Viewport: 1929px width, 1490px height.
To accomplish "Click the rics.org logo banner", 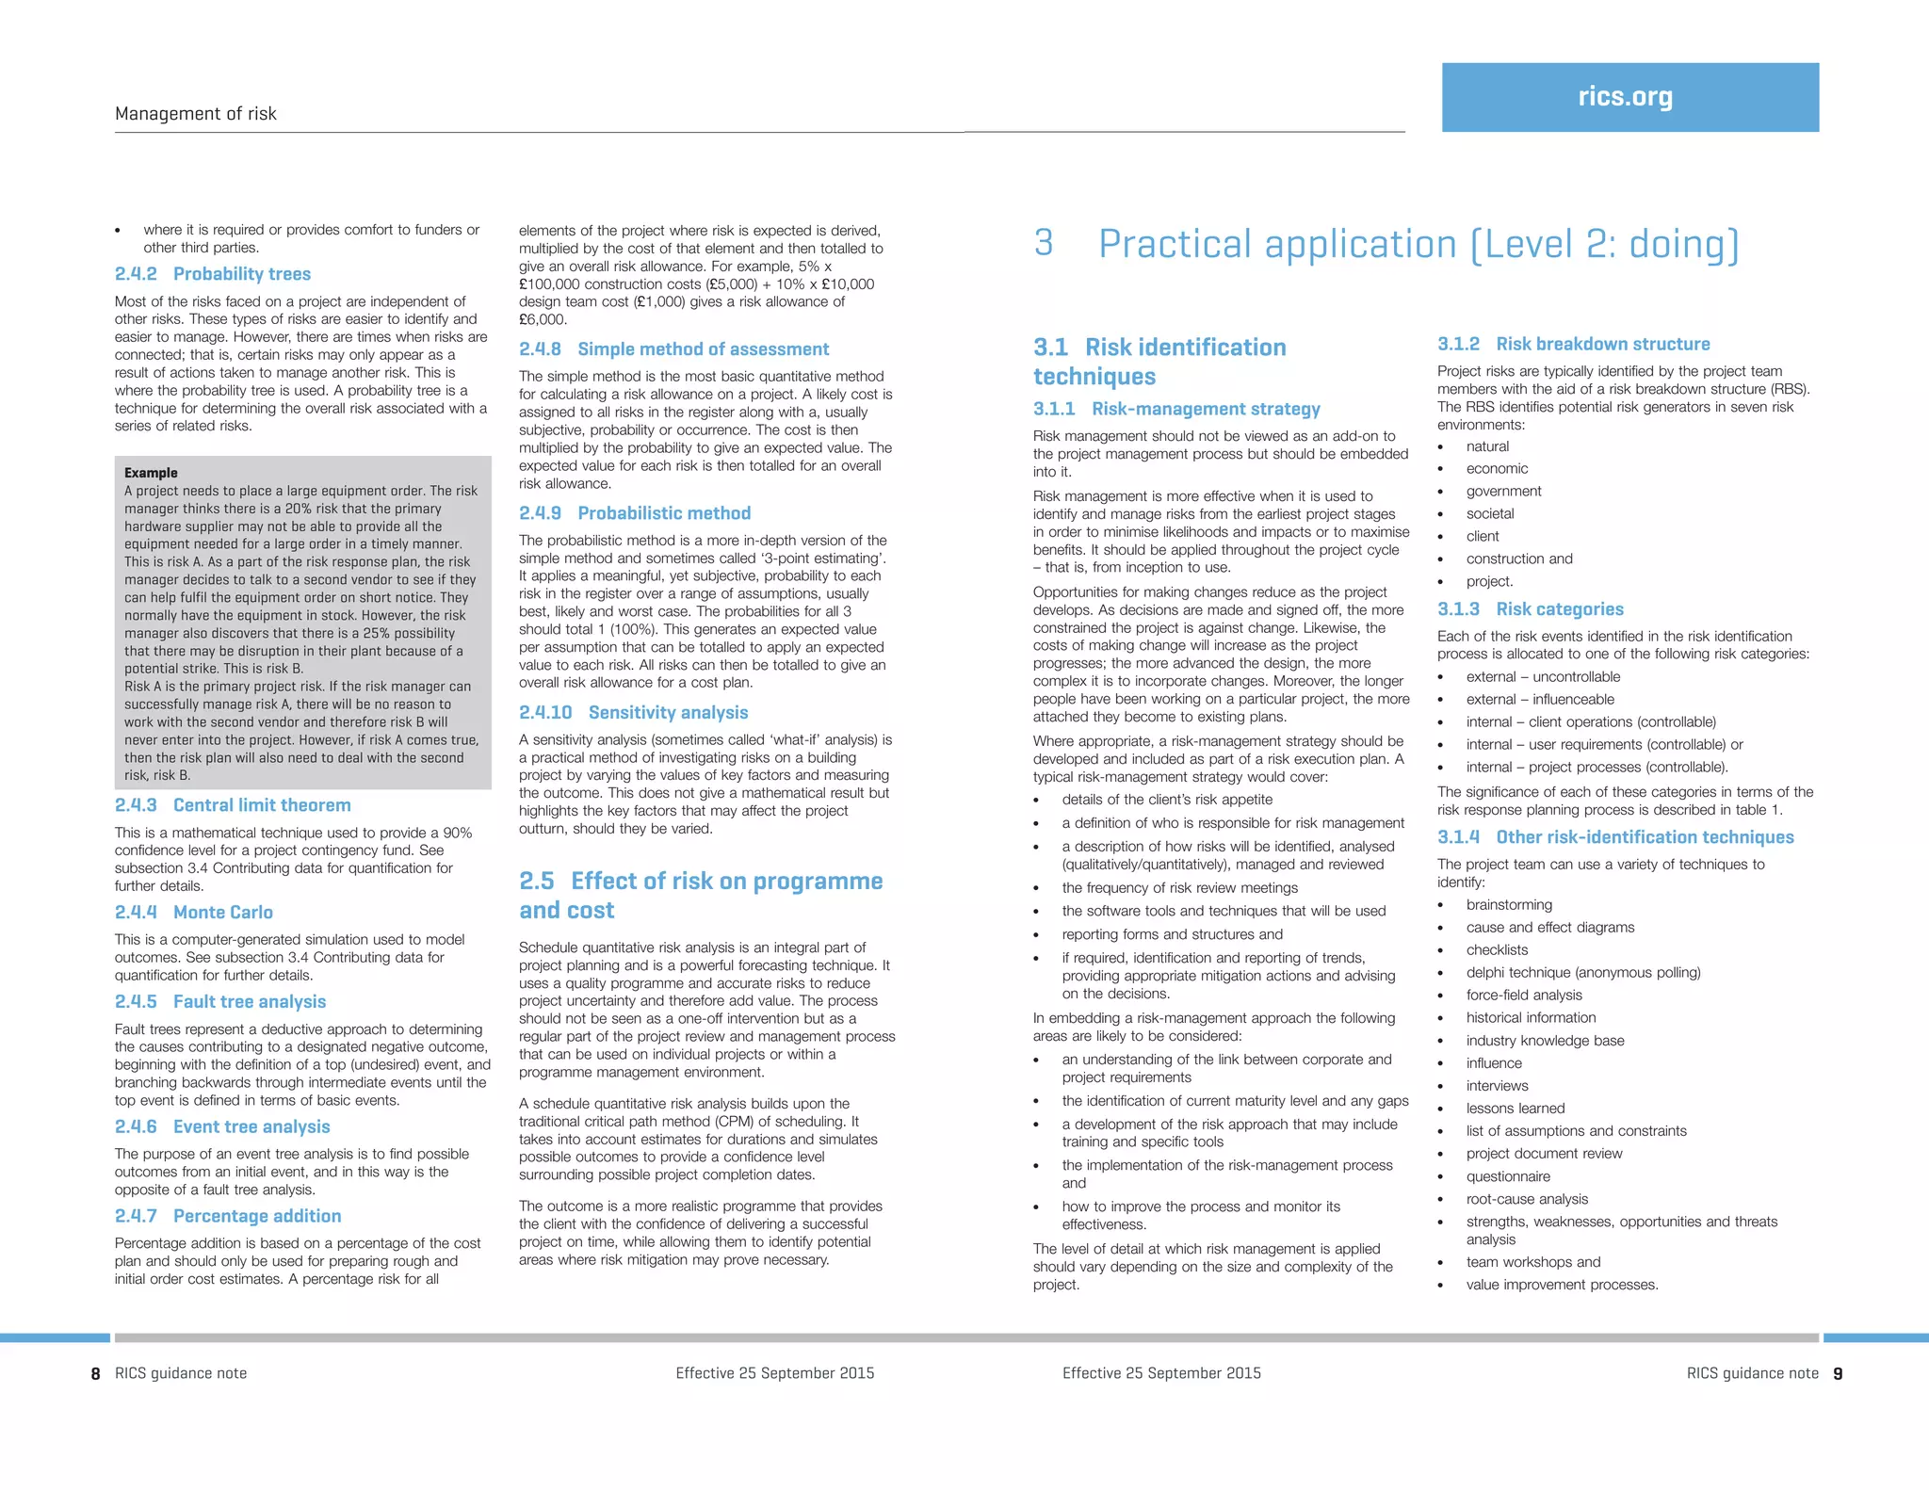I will [1629, 97].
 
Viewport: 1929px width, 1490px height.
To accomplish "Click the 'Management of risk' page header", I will [196, 114].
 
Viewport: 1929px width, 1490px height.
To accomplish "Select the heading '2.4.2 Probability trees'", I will [213, 274].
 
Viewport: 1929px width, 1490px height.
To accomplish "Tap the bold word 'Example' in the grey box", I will [151, 473].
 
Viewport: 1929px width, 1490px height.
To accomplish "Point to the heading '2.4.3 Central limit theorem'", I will [233, 805].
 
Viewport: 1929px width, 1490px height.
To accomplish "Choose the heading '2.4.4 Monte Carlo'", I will [194, 913].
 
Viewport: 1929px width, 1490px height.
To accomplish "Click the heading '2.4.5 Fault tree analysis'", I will [220, 1002].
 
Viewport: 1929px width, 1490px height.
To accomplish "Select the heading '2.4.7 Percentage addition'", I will [228, 1216].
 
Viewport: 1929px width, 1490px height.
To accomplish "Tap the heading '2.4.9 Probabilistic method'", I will [635, 513].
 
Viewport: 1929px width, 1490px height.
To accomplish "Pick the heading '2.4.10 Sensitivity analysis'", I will [634, 713].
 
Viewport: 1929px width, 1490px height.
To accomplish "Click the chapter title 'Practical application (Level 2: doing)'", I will [1418, 244].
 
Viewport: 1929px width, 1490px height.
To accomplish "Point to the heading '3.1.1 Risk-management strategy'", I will [1176, 409].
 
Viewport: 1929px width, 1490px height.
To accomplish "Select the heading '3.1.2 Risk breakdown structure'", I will [1573, 345].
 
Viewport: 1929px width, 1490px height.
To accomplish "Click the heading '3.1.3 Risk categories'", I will [1531, 609].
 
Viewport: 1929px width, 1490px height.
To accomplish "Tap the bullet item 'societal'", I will [1490, 513].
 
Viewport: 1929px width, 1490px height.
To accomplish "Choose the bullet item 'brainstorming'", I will [1509, 905].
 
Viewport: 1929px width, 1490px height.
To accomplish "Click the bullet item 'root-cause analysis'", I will [1527, 1199].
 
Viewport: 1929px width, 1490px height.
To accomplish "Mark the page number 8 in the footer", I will [95, 1374].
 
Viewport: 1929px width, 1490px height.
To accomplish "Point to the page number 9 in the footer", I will [1838, 1374].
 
